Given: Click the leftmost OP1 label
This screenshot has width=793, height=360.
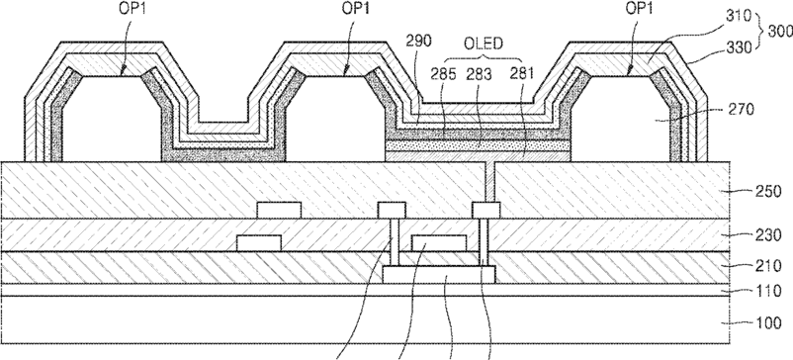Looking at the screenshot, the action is pos(132,9).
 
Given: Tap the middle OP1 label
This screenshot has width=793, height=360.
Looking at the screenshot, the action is pos(356,9).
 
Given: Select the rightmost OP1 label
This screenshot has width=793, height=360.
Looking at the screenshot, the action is pos(641,9).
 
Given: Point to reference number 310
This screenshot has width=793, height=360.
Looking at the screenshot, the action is pos(739,16).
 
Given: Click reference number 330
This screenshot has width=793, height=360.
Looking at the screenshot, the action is pos(739,47).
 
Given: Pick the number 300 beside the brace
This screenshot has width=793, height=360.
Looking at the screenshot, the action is pos(780,32).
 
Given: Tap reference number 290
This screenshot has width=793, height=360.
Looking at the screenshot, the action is pos(419,42).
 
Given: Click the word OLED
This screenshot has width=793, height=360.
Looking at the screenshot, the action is pos(484,44).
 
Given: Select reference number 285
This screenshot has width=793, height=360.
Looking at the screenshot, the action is pos(443,74).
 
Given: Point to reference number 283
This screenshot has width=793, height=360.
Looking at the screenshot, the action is pos(479,74).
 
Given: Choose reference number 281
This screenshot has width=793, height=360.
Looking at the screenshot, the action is pos(521,74).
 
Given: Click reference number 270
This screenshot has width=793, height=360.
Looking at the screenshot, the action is pos(742,109).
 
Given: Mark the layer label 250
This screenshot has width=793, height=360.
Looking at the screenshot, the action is pos(768,192).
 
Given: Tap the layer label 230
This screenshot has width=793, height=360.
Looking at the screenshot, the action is pos(768,234).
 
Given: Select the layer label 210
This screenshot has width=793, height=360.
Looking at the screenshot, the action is pos(768,265).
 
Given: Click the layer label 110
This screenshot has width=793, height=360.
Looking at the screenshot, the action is pos(768,292).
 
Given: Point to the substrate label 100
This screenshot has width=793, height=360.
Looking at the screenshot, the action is pos(768,322).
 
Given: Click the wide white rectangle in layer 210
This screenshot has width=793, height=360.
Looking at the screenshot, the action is pos(439,275).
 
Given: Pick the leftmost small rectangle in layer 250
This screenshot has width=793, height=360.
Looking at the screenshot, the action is pos(279,211).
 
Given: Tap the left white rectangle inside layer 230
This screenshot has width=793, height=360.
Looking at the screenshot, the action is pos(259,243).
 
